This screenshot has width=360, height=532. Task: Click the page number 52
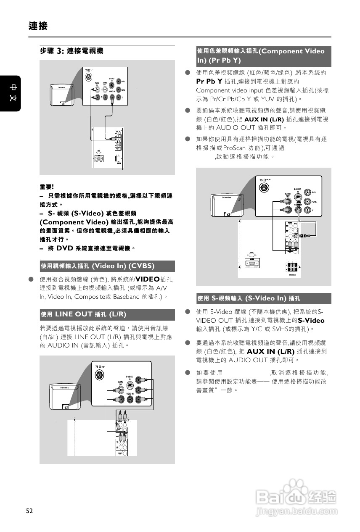point(29,511)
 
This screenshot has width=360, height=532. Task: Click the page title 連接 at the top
point(38,26)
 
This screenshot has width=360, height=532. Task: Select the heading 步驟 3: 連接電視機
point(71,51)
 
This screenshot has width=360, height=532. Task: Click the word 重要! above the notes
point(47,187)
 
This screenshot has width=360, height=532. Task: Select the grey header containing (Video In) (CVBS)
point(107,266)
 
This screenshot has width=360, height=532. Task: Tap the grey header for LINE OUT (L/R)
point(107,314)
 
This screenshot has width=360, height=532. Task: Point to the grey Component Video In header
point(263,56)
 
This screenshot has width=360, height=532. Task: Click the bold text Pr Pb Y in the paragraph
point(209,81)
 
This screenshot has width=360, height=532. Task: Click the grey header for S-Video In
point(263,298)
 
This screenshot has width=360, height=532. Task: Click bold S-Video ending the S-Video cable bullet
point(311,320)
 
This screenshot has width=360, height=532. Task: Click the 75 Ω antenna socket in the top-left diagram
point(88,77)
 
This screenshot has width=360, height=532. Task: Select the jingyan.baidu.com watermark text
point(296,512)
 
